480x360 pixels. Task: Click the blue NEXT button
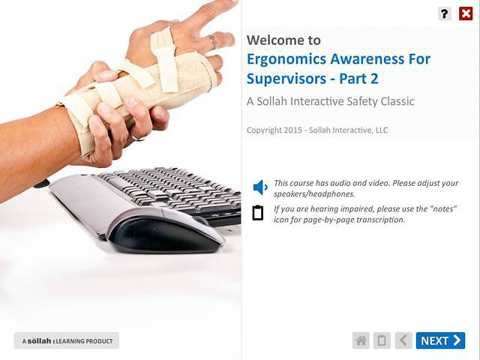click(x=440, y=340)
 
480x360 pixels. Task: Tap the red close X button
click(x=465, y=13)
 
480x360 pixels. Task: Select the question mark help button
click(x=445, y=13)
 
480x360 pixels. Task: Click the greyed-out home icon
click(x=361, y=340)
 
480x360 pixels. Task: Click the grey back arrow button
click(x=403, y=340)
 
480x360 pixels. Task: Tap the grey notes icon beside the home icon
click(x=382, y=340)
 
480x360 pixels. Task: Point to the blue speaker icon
click(x=260, y=187)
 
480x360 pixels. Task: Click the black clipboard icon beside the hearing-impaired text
click(x=258, y=213)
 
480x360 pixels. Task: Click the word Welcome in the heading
click(x=274, y=40)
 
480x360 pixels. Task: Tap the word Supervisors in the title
click(x=289, y=78)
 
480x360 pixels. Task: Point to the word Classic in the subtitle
click(x=393, y=101)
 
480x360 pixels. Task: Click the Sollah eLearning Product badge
click(x=67, y=341)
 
